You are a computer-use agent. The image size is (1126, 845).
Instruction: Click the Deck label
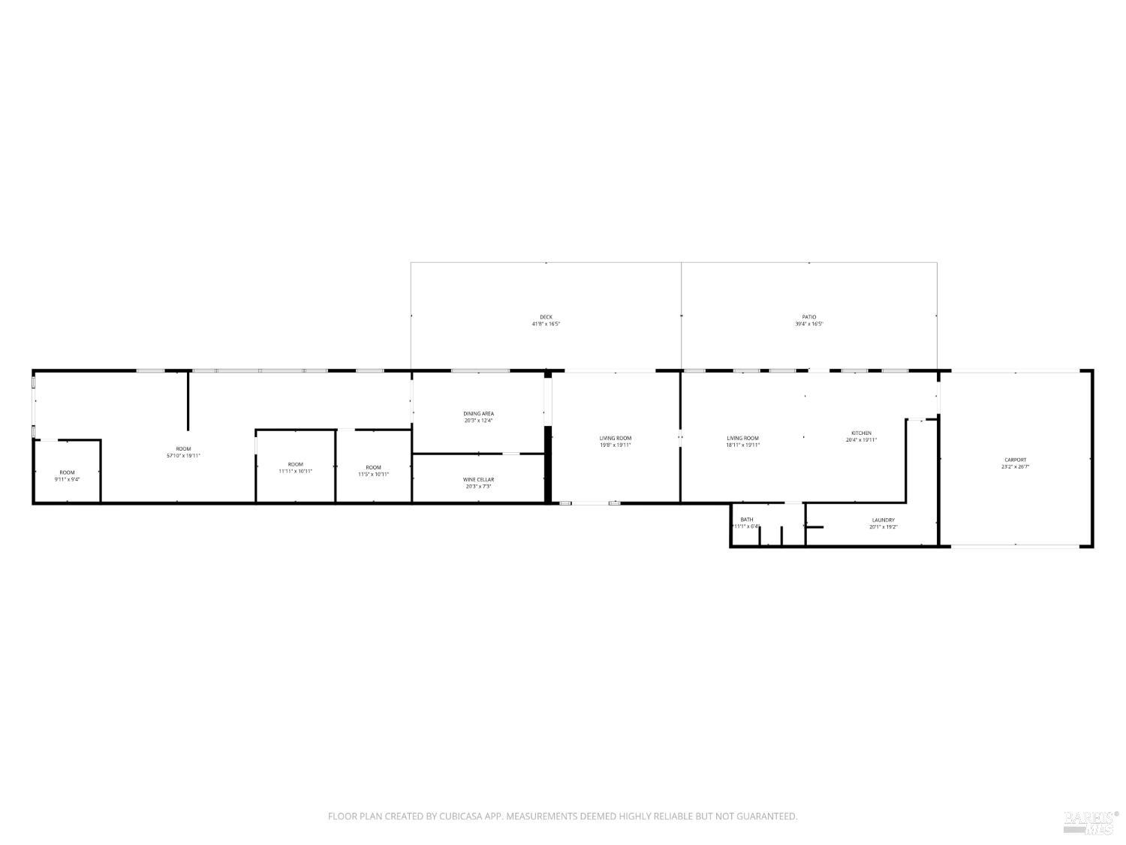click(546, 317)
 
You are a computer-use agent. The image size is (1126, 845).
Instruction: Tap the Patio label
click(808, 317)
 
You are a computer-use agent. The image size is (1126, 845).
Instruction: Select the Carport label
click(1015, 460)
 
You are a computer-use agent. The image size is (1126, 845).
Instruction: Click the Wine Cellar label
click(478, 479)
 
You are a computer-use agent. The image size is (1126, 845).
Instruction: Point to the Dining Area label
click(478, 414)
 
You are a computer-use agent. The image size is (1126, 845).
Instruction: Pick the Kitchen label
click(861, 433)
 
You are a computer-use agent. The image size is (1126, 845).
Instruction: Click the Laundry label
click(883, 520)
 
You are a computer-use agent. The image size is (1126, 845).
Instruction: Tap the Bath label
click(746, 520)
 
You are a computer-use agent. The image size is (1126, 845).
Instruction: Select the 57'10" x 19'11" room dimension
click(183, 456)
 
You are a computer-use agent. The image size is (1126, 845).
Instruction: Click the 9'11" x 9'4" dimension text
click(67, 479)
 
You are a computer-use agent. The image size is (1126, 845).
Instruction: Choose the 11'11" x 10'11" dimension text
click(295, 472)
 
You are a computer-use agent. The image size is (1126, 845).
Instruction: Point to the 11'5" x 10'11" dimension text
click(373, 474)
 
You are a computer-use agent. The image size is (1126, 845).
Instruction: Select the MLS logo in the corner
click(1091, 822)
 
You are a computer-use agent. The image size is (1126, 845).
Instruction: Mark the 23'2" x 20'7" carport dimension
click(1015, 467)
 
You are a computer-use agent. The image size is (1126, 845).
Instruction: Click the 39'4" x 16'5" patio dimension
click(808, 324)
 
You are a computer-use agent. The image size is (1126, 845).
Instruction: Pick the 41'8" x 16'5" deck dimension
click(546, 324)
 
